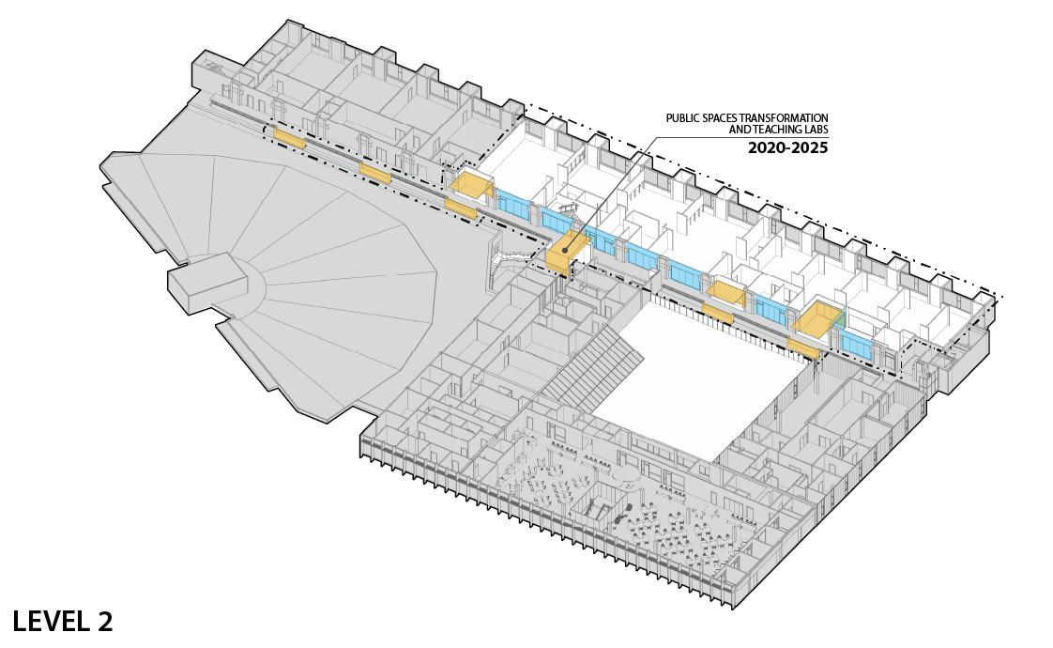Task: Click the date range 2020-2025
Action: (x=787, y=148)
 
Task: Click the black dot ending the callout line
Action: (x=564, y=251)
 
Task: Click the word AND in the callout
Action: (x=740, y=130)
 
